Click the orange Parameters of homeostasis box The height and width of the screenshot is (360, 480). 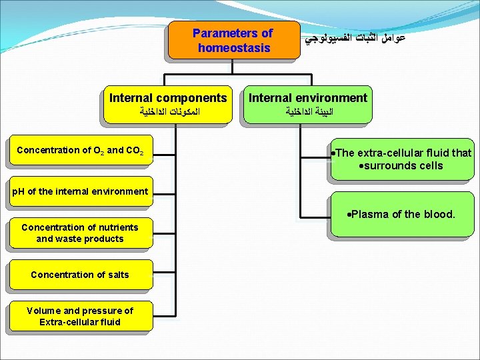[232, 40]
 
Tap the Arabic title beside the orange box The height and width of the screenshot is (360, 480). [355, 39]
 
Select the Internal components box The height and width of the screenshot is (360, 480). [168, 105]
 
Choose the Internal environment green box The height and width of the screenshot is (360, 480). [307, 105]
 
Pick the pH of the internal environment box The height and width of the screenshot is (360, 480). [80, 191]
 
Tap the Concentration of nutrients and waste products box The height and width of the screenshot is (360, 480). [80, 233]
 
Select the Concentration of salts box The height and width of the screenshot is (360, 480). [80, 275]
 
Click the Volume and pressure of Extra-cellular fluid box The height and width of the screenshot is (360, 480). [80, 316]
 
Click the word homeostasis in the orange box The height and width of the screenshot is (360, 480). [234, 48]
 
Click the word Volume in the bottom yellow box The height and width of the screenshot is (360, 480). [43, 311]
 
